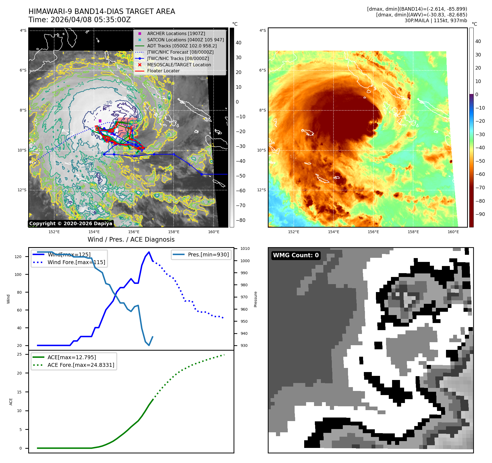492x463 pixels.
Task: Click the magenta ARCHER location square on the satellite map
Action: click(x=100, y=121)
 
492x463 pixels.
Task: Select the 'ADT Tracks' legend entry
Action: click(x=182, y=46)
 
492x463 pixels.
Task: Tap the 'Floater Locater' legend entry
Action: click(x=163, y=71)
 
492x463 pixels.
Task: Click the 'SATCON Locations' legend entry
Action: click(x=185, y=40)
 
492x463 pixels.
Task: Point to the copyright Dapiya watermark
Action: click(x=71, y=224)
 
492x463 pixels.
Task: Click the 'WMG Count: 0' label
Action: click(x=296, y=255)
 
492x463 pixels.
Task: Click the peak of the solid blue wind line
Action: click(x=149, y=252)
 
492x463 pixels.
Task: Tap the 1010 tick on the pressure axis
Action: click(x=245, y=249)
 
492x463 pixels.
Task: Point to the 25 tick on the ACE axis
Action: click(x=19, y=354)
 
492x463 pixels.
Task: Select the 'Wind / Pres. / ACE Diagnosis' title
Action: click(x=131, y=239)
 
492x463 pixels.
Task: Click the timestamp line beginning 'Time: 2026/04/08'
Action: click(x=80, y=20)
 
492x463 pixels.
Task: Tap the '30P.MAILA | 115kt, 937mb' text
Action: click(x=436, y=21)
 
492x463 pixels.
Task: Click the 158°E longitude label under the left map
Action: click(x=174, y=232)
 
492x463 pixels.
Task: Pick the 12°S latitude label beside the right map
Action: click(x=261, y=190)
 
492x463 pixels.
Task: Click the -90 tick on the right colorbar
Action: click(x=480, y=214)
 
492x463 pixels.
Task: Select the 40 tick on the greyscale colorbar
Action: click(x=238, y=43)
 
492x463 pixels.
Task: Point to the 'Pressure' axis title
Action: click(x=255, y=299)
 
